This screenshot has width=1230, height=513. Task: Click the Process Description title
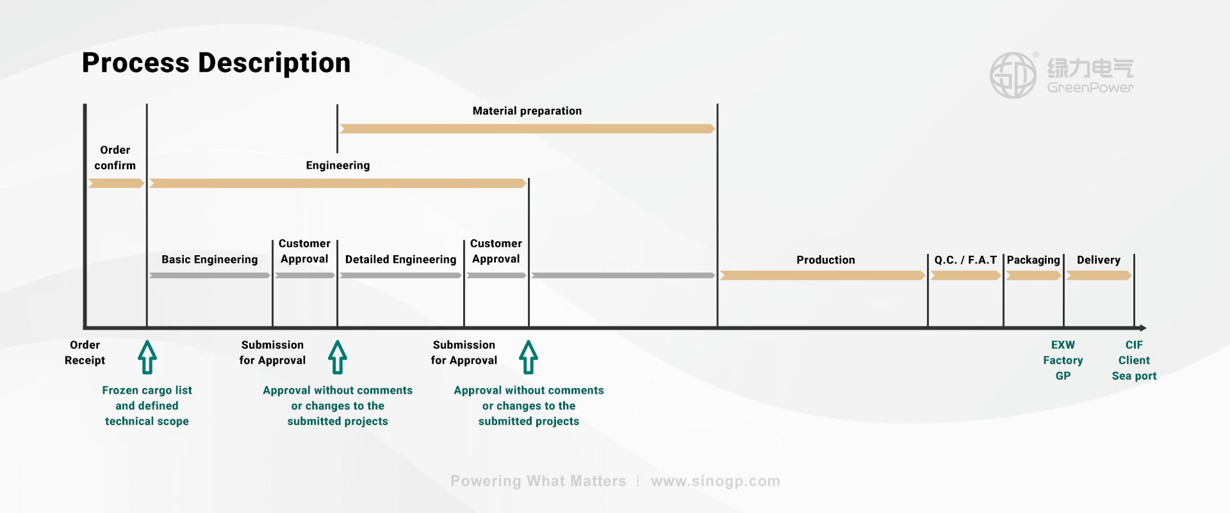pyautogui.click(x=216, y=63)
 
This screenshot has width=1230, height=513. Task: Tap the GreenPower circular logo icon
pyautogui.click(x=1013, y=75)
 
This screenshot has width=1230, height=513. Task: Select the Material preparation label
pyautogui.click(x=527, y=111)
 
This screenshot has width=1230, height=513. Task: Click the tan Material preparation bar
pyautogui.click(x=527, y=129)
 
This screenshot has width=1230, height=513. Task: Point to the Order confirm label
pyautogui.click(x=115, y=158)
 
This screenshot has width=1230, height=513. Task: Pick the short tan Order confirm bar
pyautogui.click(x=115, y=183)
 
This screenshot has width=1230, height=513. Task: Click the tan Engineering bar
pyautogui.click(x=338, y=183)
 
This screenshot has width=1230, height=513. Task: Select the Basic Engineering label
pyautogui.click(x=209, y=260)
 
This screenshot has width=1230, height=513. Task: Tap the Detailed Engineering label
pyautogui.click(x=400, y=260)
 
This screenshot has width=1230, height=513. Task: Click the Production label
pyautogui.click(x=825, y=260)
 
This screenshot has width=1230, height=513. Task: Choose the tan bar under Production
pyautogui.click(x=822, y=276)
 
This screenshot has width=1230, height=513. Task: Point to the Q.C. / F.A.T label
pyautogui.click(x=965, y=260)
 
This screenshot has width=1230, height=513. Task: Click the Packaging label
pyautogui.click(x=1033, y=260)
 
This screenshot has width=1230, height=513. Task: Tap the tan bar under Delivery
pyautogui.click(x=1099, y=276)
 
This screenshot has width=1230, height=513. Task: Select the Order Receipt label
pyautogui.click(x=85, y=353)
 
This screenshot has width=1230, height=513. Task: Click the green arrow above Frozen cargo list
pyautogui.click(x=147, y=357)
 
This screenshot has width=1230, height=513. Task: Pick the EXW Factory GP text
pyautogui.click(x=1063, y=360)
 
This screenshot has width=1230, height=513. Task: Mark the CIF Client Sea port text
pyautogui.click(x=1134, y=360)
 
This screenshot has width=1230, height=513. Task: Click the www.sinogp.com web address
pyautogui.click(x=715, y=481)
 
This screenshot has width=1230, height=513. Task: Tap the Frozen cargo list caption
pyautogui.click(x=147, y=406)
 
